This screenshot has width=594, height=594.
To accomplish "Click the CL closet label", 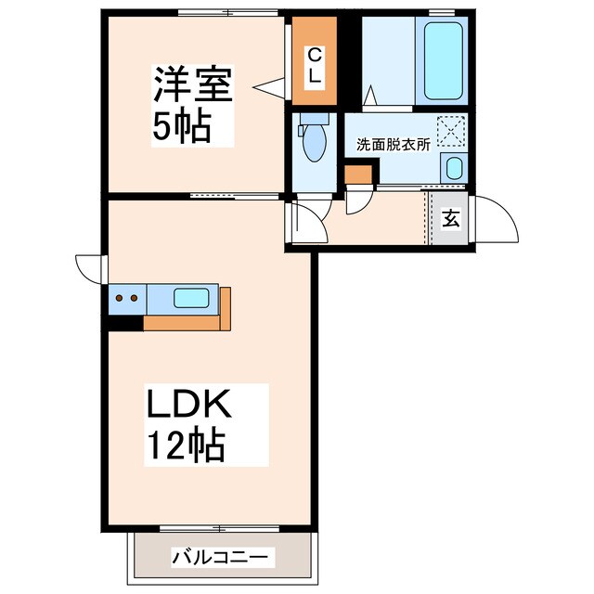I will click(x=316, y=66).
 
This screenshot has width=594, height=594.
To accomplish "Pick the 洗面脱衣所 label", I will click(x=394, y=146).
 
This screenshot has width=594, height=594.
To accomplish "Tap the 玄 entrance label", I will click(x=451, y=220).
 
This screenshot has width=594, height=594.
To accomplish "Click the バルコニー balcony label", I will click(x=221, y=558).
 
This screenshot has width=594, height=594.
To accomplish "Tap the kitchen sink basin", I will click(x=192, y=299).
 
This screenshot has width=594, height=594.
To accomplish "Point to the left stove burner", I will click(x=120, y=299).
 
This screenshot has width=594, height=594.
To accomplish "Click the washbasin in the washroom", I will click(x=452, y=168).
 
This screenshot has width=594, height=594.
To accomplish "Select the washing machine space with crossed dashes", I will click(x=452, y=130).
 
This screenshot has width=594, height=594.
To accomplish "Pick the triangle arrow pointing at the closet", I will click(x=269, y=88).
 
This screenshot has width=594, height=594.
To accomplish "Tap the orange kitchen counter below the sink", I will click(x=186, y=321).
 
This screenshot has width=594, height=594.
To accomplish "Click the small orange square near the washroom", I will click(x=355, y=174).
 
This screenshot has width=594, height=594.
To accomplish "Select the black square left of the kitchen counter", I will click(x=125, y=322).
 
